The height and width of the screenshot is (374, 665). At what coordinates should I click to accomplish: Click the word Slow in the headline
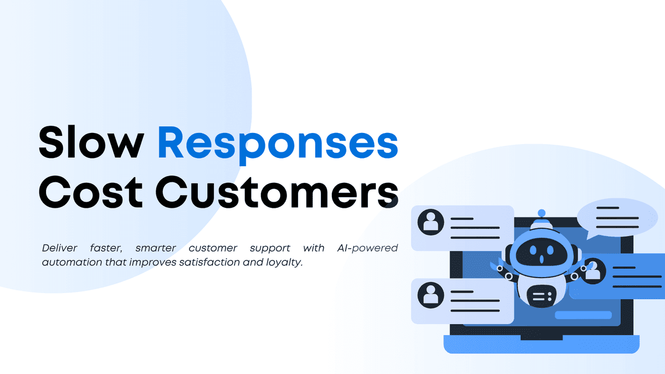[91, 142]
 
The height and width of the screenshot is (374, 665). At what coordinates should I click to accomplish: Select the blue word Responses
[278, 145]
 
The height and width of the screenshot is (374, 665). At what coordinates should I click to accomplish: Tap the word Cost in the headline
[90, 192]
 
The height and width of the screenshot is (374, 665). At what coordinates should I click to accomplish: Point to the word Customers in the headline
[277, 192]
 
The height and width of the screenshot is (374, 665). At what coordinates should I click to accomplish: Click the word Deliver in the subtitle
[59, 248]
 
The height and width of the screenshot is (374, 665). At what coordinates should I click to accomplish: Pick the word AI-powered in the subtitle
[367, 248]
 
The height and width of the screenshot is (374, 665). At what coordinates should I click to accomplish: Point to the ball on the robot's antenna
[541, 213]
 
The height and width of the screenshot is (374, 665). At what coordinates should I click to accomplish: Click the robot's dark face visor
[541, 252]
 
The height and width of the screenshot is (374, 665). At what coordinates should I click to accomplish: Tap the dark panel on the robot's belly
[541, 296]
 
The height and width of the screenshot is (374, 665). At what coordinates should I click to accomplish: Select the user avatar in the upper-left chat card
[431, 222]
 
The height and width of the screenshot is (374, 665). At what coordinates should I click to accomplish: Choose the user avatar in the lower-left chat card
[431, 295]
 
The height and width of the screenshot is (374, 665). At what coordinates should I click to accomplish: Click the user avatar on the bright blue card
[592, 271]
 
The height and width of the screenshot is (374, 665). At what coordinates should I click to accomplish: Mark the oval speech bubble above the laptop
[617, 218]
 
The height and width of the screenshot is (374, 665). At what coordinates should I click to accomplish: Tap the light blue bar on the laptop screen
[583, 315]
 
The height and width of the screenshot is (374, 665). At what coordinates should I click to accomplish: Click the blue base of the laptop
[541, 344]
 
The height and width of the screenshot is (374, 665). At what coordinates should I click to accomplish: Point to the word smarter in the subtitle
[156, 248]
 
